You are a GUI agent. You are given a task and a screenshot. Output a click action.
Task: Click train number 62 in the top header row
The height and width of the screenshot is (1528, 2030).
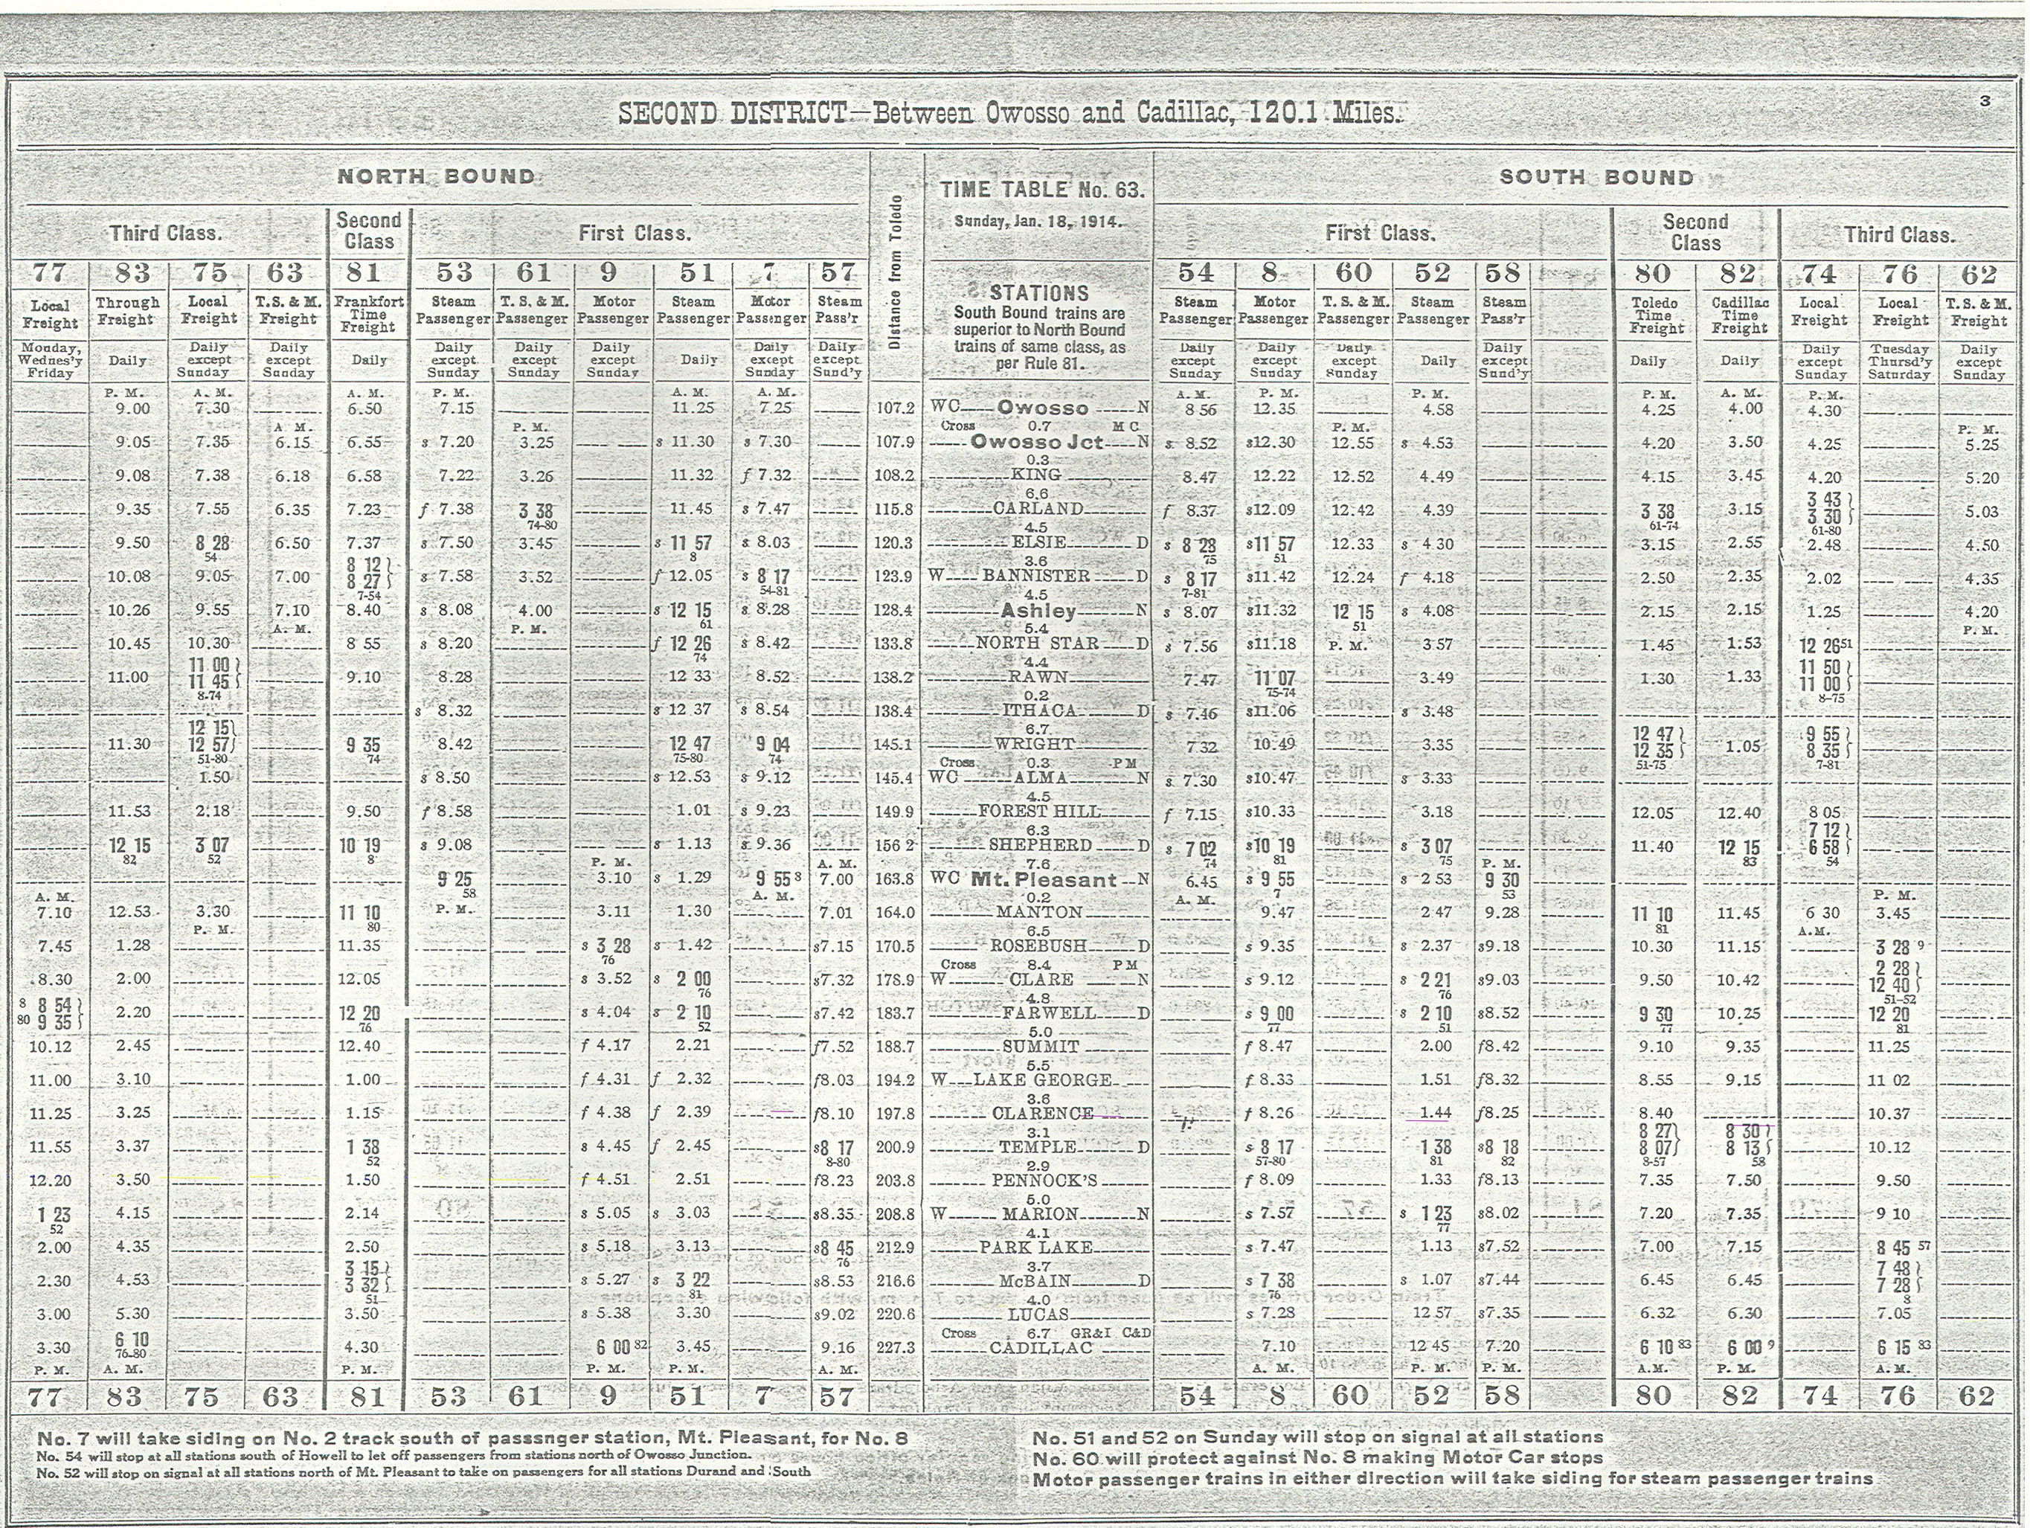[x=1978, y=274]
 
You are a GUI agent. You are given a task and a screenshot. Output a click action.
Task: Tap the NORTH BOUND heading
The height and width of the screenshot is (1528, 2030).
[x=436, y=176]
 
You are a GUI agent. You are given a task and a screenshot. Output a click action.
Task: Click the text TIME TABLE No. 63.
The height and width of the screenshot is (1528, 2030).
[x=1041, y=190]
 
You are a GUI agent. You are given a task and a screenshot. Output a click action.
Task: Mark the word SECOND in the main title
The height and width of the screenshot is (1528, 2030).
[x=668, y=114]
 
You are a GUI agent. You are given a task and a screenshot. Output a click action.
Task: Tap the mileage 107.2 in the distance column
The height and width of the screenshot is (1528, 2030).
[x=895, y=408]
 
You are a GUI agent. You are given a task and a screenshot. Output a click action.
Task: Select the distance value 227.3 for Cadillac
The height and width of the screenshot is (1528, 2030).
[x=895, y=1348]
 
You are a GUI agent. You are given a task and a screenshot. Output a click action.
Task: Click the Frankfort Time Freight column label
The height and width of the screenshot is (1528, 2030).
[x=369, y=314]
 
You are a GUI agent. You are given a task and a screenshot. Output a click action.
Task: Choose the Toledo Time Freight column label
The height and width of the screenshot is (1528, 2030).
[x=1656, y=315]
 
